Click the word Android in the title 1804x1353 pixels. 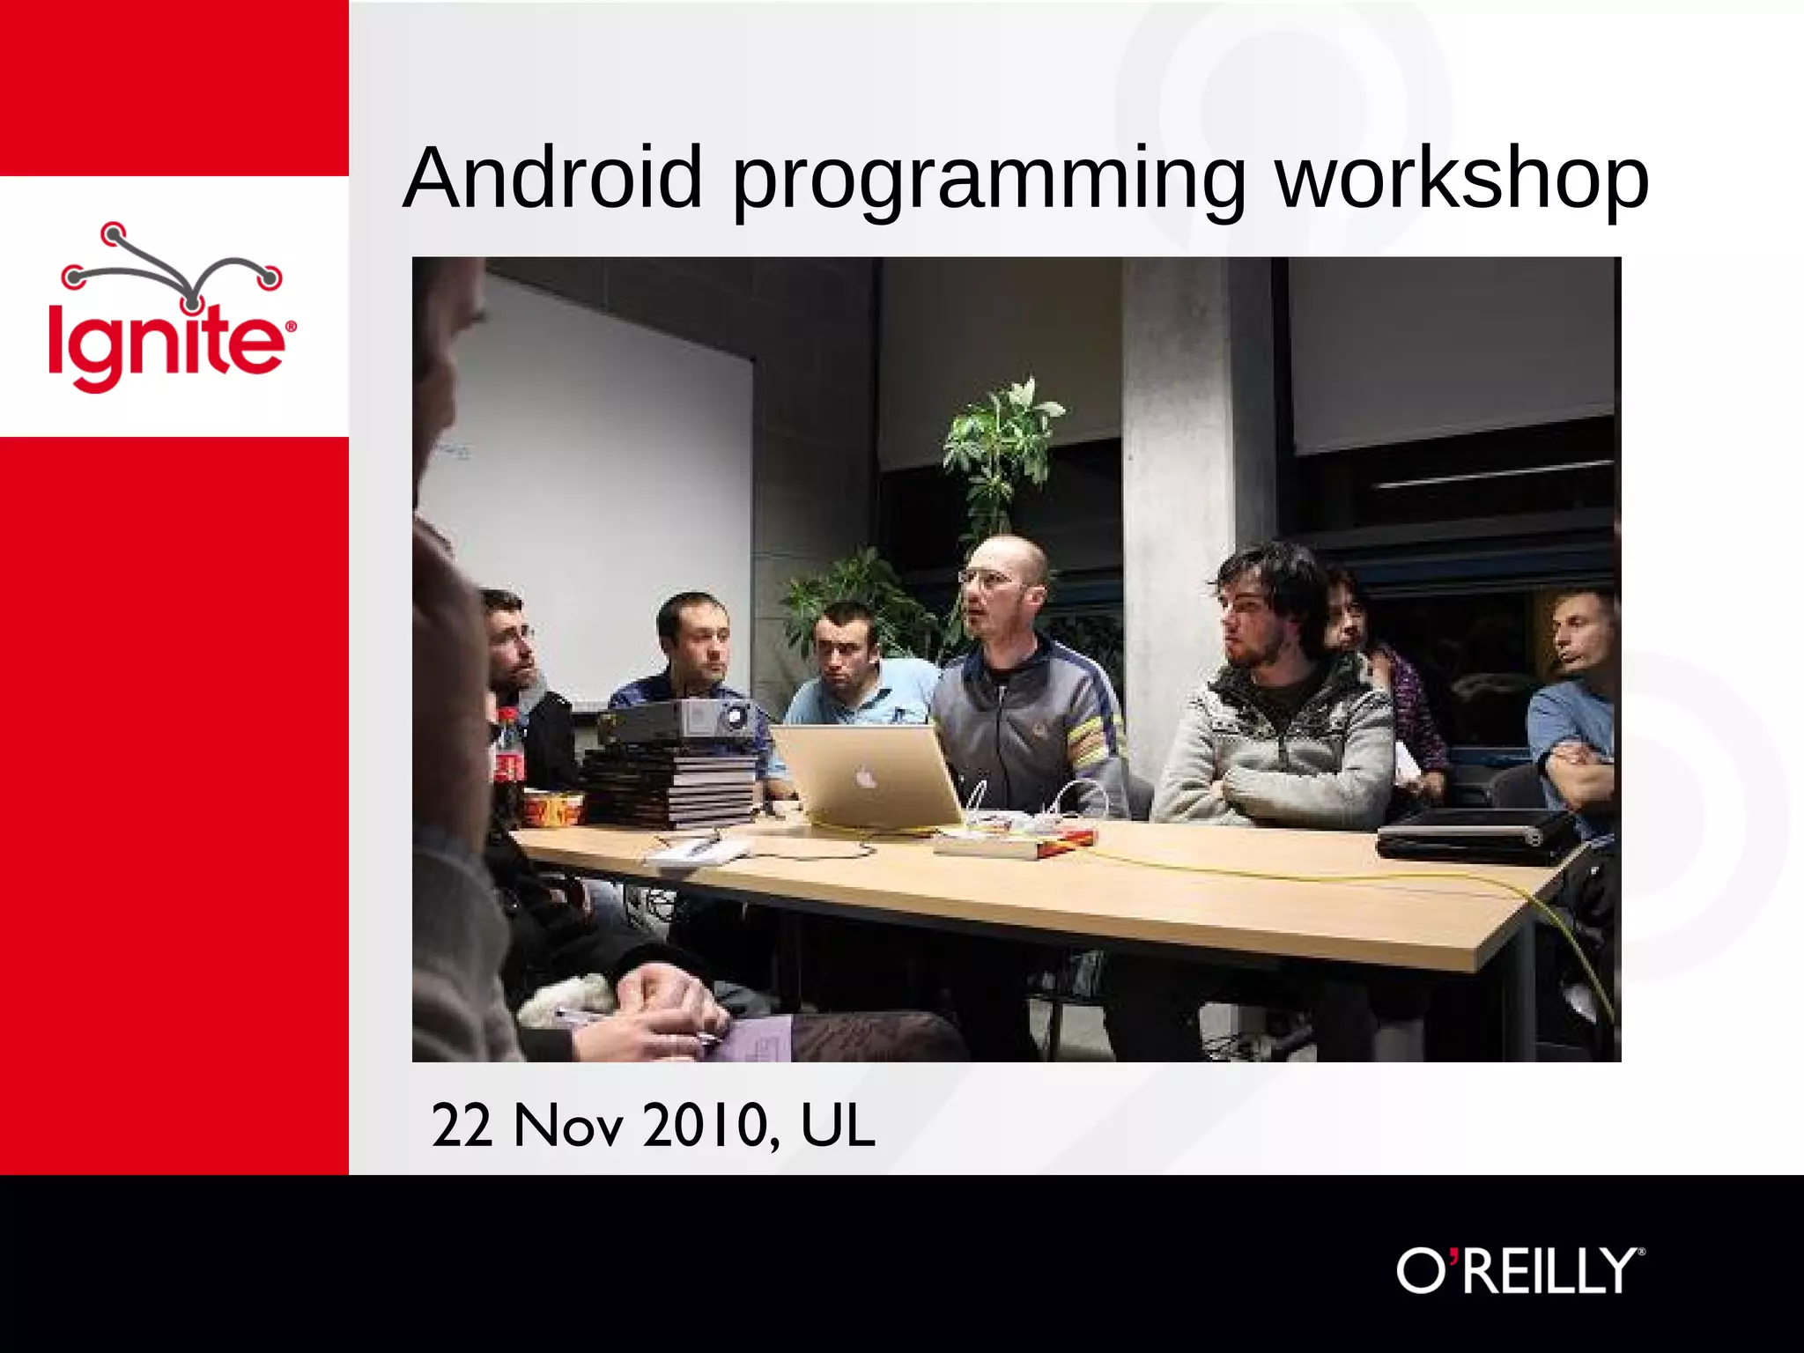tap(553, 178)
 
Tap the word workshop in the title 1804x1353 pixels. tap(1462, 178)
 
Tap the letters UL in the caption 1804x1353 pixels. tap(837, 1125)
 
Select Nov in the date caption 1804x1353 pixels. tap(568, 1125)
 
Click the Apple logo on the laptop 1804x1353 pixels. tap(866, 777)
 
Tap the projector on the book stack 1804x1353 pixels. tap(678, 721)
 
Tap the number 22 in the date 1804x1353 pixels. tap(462, 1125)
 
